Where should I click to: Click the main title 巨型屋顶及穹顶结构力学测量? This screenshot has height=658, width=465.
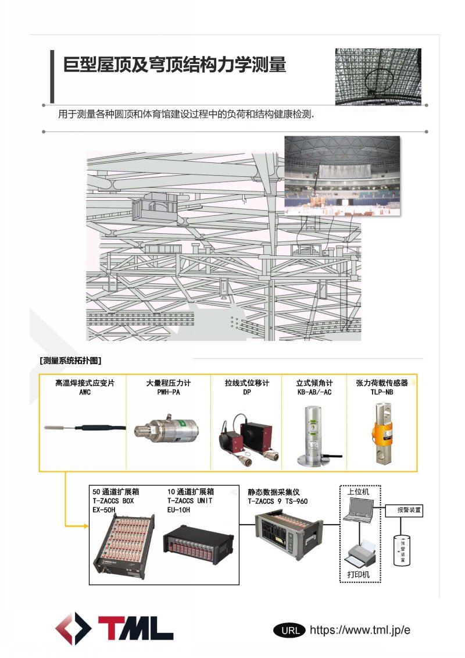point(174,64)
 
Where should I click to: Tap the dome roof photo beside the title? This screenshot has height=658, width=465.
point(378,77)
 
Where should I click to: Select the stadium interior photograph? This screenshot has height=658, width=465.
point(342,177)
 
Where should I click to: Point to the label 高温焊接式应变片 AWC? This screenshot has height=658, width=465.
point(85,387)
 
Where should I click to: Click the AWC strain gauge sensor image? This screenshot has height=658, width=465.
point(85,429)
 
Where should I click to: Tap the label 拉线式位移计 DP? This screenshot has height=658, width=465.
point(247,387)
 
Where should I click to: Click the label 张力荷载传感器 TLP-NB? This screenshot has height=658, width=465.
point(382,387)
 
